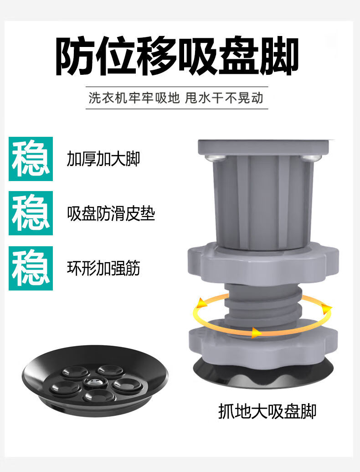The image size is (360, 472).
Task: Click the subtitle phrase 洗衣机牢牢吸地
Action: point(134,98)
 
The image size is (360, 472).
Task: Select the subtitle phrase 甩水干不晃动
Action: point(224,98)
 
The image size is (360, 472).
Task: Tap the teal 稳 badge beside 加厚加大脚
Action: point(31,159)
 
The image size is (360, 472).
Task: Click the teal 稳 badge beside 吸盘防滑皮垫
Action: point(31,213)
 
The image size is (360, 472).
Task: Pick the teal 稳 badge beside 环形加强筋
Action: point(31,268)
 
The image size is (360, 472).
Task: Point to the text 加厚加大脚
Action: point(103,159)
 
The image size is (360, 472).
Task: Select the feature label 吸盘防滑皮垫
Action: point(111,214)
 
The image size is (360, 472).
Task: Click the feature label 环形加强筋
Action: point(103,268)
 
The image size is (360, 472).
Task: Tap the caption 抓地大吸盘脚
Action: point(267,411)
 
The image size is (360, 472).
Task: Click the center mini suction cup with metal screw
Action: point(96,382)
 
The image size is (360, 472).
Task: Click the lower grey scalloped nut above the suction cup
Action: point(263,343)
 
